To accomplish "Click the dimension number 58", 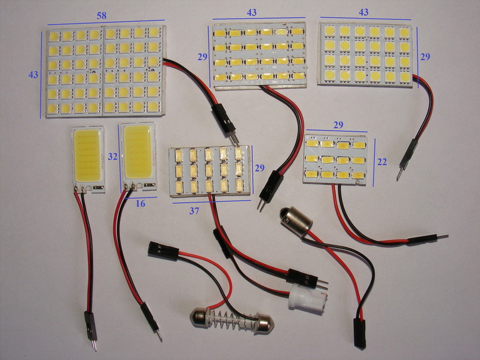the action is pos(101,15).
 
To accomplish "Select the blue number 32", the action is pos(112,156).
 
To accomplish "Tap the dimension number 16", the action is pos(140,203).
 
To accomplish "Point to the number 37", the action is pos(194,211).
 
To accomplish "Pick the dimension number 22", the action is pos(382,162).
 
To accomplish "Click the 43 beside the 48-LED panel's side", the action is pos(33,74).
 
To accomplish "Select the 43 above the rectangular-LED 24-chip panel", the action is pos(252,12).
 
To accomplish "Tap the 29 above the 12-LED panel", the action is pos(338,125).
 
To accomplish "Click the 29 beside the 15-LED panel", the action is pos(259,168).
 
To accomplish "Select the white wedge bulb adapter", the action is pos(307,297).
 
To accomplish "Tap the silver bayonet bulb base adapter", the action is pos(296,221).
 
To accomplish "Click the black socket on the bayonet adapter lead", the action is pos(360,333).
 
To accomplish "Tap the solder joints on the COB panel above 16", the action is pos(129,185).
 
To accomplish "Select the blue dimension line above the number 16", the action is pos(140,197).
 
